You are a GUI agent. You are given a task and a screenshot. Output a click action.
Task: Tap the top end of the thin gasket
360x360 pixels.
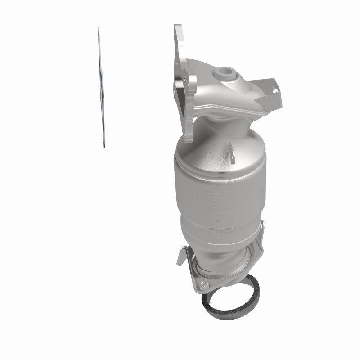[x=99, y=28]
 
